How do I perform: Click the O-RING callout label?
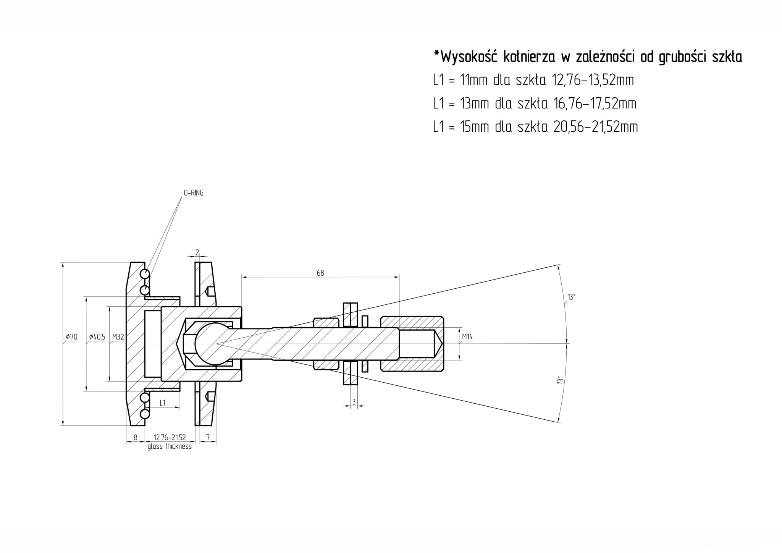point(194,193)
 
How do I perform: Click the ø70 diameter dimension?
point(71,337)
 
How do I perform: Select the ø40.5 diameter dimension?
point(97,337)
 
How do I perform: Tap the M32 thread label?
point(118,337)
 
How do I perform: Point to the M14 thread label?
point(467,337)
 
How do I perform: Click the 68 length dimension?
point(320,273)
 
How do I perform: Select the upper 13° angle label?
point(571,297)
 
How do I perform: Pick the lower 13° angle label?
point(560,380)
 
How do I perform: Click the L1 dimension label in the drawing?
point(163,403)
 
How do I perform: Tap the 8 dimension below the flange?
point(135,437)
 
